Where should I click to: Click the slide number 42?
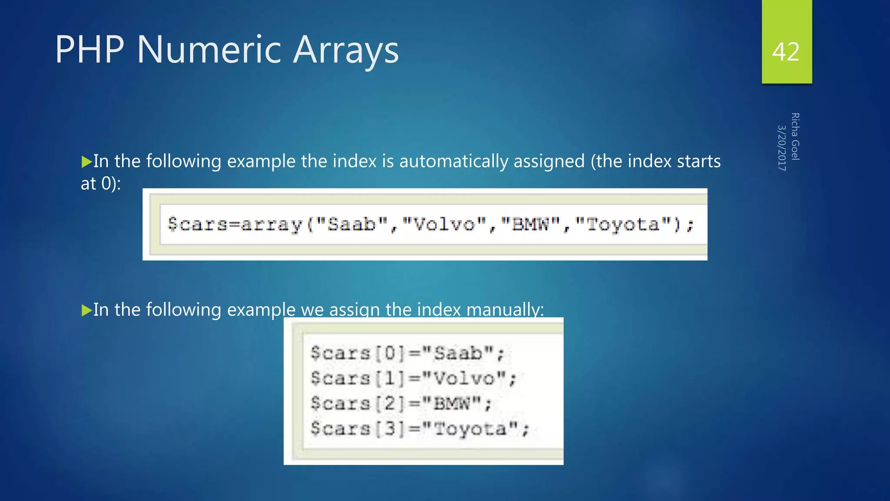(786, 52)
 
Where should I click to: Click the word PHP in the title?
(90, 50)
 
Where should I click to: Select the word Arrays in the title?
(345, 50)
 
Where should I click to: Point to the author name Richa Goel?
(795, 137)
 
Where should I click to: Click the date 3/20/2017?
(782, 148)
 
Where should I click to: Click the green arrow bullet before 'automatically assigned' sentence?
(86, 162)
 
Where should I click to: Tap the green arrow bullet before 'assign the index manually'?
(86, 310)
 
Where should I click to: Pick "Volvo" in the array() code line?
(444, 224)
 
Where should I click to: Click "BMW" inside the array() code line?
(530, 224)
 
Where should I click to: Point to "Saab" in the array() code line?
(352, 224)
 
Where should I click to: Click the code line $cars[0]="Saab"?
(407, 353)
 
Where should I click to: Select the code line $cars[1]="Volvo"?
(413, 378)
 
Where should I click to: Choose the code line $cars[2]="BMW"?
(401, 403)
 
